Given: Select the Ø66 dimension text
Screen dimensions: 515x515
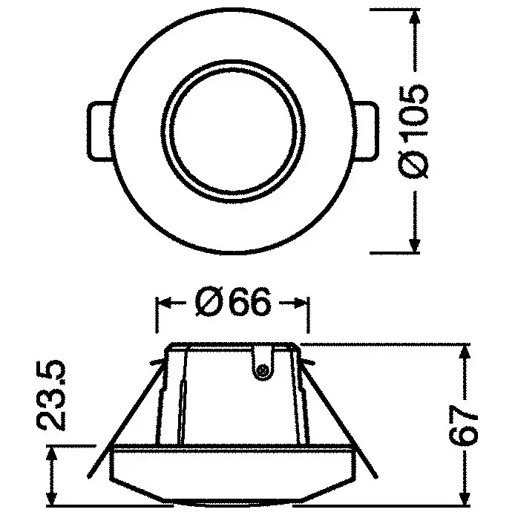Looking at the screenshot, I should (232, 304).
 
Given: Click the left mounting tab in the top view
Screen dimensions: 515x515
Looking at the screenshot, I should (99, 131).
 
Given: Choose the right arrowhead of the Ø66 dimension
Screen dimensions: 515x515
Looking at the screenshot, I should (300, 304).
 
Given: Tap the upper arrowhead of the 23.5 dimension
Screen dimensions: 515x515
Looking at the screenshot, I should (51, 455).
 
